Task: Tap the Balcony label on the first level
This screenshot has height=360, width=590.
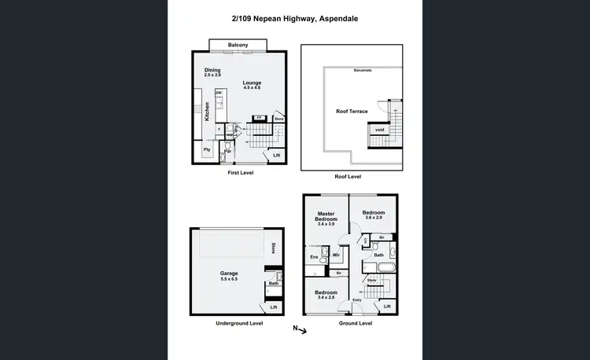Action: [238, 45]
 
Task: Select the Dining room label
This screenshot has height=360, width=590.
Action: [213, 69]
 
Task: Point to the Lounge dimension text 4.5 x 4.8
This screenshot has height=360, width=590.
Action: [252, 88]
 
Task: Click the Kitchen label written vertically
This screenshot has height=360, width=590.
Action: [208, 111]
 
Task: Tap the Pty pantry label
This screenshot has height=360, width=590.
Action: [207, 149]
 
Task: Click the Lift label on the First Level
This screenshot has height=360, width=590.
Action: [275, 156]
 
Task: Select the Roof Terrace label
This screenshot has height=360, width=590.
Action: [352, 112]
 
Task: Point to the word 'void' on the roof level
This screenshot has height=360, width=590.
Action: [379, 130]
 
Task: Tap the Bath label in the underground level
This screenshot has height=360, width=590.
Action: [273, 284]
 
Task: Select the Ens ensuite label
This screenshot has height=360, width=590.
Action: [313, 256]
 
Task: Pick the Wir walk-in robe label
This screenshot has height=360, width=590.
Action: [336, 255]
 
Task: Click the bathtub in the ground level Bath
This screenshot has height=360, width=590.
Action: [393, 252]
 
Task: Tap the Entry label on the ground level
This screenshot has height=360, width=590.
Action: [356, 299]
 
